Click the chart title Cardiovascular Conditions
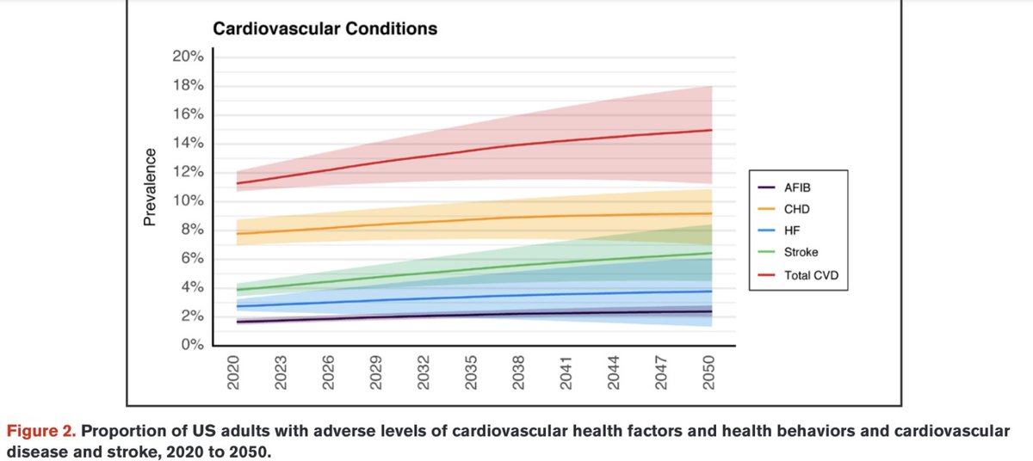(325, 28)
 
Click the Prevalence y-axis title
(150, 187)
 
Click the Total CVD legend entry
(809, 275)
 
